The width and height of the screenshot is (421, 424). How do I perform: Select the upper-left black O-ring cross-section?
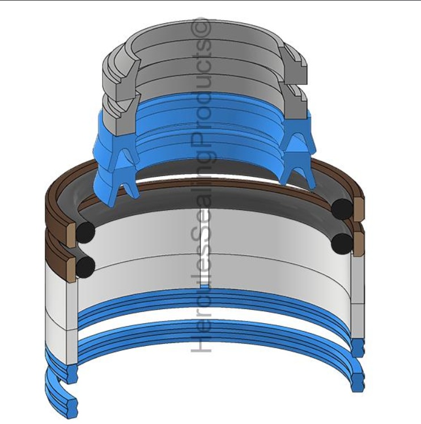(86, 232)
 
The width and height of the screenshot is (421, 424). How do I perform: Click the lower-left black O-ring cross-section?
(86, 267)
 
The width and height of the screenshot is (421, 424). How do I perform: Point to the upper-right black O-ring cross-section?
(342, 209)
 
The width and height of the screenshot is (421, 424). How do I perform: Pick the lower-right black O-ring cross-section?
(342, 243)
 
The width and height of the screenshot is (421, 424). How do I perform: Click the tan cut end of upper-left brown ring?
(71, 235)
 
